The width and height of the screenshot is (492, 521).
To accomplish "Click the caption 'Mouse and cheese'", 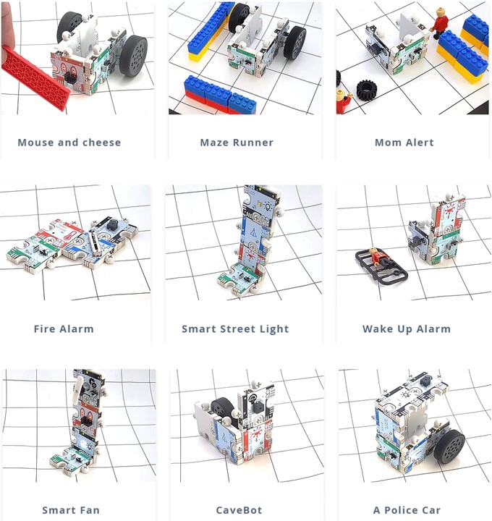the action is tap(69, 143).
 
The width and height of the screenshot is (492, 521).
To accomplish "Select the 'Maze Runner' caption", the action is tap(237, 143).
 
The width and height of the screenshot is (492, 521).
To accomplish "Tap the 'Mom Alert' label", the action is tap(404, 143).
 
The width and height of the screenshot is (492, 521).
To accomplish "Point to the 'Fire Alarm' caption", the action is tap(64, 329).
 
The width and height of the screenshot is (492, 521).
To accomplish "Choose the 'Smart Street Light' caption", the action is tap(235, 329).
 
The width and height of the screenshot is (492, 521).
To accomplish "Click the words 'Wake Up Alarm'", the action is tap(407, 329).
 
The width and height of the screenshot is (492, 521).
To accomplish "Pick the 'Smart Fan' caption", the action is tap(71, 510).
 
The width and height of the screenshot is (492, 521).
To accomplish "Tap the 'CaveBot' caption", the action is tap(239, 510).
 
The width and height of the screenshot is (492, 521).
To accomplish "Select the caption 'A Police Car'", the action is tap(407, 510).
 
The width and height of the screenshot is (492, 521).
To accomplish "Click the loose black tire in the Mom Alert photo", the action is tap(366, 89).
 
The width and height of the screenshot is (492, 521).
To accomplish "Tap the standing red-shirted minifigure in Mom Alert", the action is tap(439, 22).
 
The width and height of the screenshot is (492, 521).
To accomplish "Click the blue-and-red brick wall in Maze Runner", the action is tap(219, 96).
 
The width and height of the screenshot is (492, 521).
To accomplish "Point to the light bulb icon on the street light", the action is tap(268, 208).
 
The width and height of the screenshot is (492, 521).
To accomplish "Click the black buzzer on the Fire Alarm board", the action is tap(111, 225).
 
